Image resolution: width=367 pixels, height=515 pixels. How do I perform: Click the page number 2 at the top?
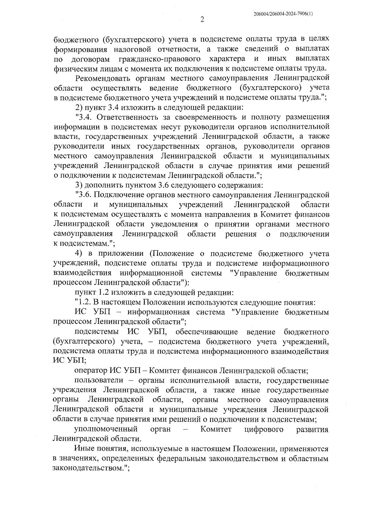click(x=202, y=20)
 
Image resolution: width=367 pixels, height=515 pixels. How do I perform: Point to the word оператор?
click(x=90, y=371)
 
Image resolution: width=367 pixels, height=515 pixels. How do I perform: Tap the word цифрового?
click(x=264, y=429)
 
